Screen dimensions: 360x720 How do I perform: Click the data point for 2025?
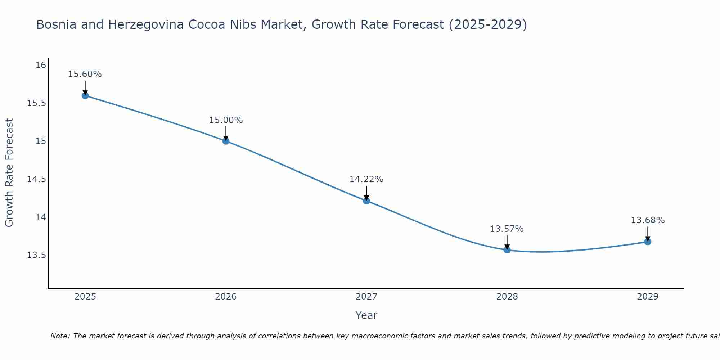point(85,95)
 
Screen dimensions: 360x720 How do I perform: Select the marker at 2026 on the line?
point(226,141)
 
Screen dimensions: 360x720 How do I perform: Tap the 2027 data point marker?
point(366,201)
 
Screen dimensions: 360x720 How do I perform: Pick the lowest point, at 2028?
point(507,249)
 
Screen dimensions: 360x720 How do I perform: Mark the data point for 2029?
point(648,242)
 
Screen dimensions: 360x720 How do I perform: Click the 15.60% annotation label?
point(85,74)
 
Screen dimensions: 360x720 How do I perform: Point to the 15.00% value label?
point(226,120)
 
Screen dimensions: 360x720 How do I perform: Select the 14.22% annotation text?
point(366,179)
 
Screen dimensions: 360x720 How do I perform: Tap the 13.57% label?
point(507,229)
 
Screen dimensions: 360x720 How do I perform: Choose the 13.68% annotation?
point(648,220)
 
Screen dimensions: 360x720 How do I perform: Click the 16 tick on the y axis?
point(41,65)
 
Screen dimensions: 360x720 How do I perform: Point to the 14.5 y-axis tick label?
point(36,179)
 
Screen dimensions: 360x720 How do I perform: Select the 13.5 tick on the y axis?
point(36,256)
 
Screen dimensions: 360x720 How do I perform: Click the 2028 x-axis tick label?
point(507,297)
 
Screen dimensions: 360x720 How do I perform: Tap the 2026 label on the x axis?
point(226,297)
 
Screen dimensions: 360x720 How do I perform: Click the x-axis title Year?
point(366,315)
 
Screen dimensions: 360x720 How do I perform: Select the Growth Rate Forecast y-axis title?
point(9,172)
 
